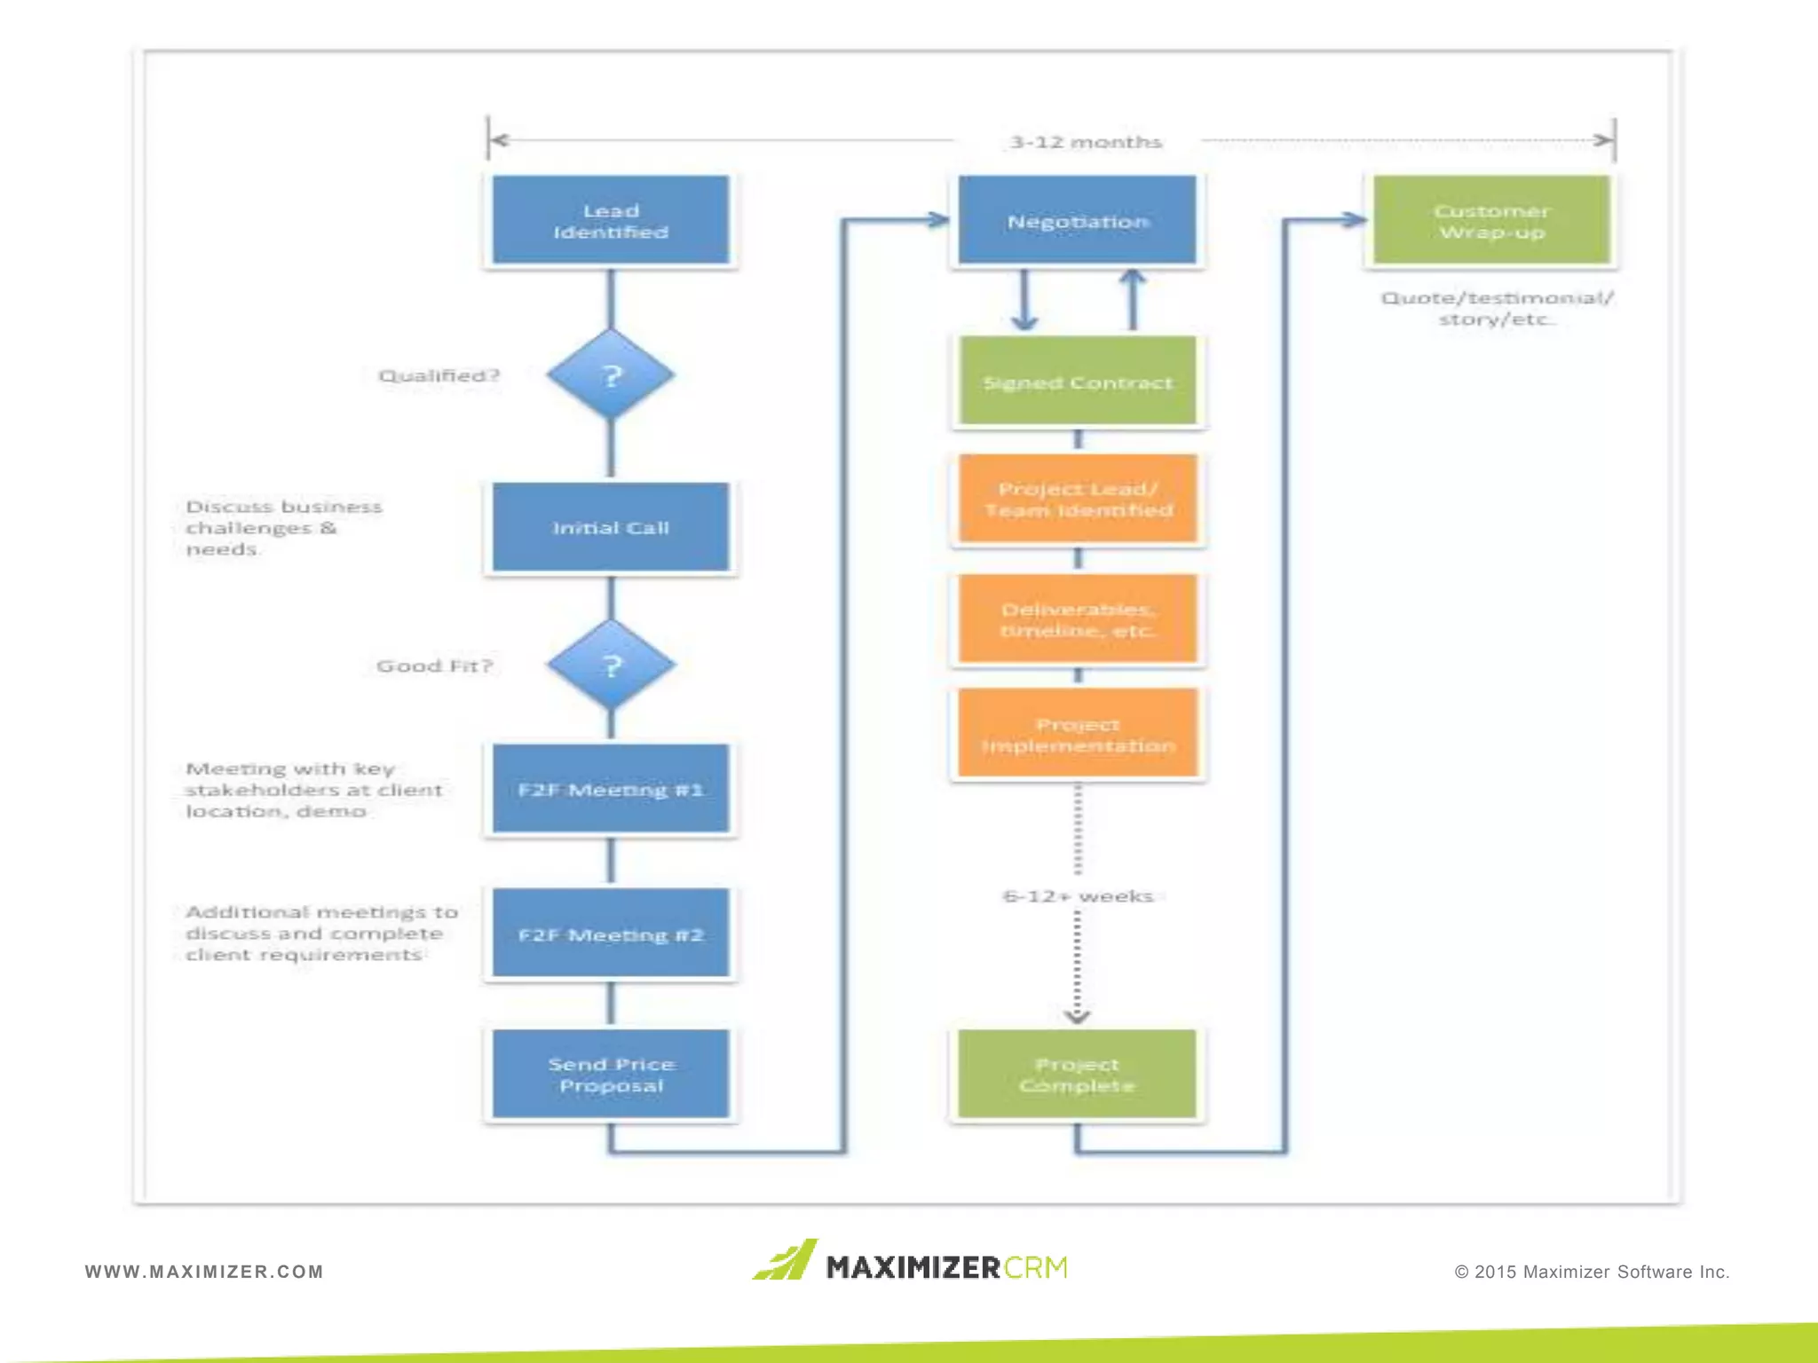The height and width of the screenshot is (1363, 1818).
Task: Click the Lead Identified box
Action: pos(611,220)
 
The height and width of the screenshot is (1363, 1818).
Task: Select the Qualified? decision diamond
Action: pos(611,375)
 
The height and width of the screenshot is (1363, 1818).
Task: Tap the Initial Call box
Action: pos(611,527)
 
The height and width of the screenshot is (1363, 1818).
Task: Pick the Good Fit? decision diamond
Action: pos(611,666)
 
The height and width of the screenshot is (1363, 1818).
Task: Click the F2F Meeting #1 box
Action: pos(611,789)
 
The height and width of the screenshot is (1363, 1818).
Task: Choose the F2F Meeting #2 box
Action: pos(611,934)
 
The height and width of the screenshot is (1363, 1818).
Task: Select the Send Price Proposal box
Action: pos(611,1074)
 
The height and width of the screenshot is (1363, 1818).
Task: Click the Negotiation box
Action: pos(1077,220)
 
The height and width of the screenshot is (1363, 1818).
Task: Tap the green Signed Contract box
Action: pos(1077,382)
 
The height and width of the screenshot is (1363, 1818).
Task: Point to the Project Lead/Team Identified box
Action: pos(1077,500)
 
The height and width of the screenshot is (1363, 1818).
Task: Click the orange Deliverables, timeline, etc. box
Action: pos(1077,619)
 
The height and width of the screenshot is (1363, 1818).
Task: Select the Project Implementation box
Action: pos(1077,735)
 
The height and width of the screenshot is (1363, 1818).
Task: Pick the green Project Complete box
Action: pos(1077,1074)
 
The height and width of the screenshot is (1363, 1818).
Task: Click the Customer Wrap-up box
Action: pos(1491,220)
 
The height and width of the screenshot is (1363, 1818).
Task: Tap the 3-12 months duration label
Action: pos(1085,142)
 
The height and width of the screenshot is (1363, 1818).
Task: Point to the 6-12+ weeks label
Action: pos(1077,896)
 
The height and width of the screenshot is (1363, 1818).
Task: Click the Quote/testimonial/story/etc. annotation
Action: pos(1497,308)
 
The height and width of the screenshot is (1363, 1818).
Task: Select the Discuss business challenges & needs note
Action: pos(282,527)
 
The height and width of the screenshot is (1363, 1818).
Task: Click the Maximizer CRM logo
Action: pos(911,1263)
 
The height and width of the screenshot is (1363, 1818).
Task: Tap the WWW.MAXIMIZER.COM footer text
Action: pos(204,1272)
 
